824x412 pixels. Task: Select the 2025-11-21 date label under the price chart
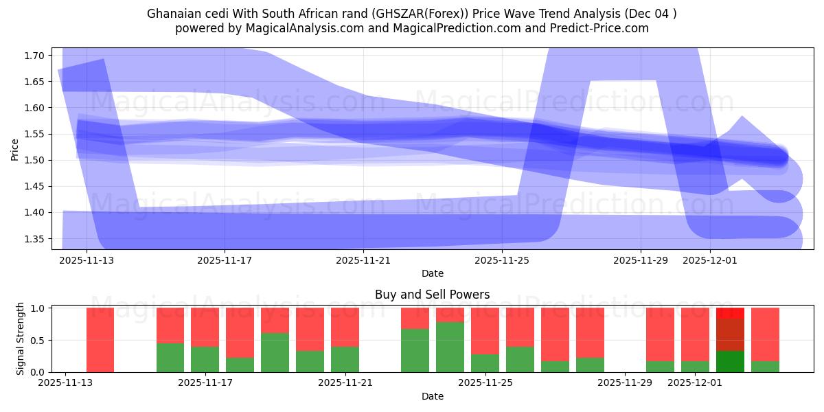[x=363, y=261]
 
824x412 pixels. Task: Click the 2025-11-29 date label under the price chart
[x=640, y=261]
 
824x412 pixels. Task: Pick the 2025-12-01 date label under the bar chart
[x=696, y=383]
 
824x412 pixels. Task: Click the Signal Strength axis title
[x=21, y=339]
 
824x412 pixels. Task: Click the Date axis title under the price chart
[x=433, y=273]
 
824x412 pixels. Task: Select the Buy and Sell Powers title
[x=433, y=295]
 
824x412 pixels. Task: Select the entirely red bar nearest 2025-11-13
[x=100, y=340]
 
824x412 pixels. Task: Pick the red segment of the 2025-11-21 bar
[x=345, y=327]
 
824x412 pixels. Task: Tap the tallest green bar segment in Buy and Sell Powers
[x=450, y=347]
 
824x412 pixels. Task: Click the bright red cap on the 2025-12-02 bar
[x=730, y=312]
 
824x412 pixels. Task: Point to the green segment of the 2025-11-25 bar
[x=485, y=363]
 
